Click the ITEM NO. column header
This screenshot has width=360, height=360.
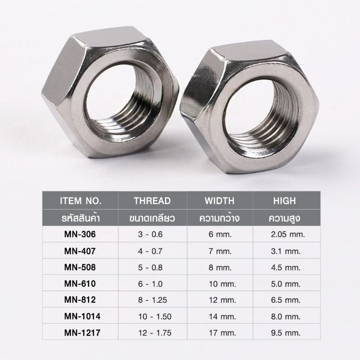[81, 201]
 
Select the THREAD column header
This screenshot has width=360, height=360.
[152, 201]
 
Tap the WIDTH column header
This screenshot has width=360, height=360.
[220, 201]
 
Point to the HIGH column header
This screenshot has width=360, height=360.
[284, 201]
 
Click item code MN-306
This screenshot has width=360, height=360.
[80, 234]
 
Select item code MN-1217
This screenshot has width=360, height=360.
[82, 333]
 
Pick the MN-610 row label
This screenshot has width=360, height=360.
[80, 284]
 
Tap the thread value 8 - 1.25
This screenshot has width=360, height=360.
[152, 300]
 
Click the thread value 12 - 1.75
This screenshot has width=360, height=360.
[155, 333]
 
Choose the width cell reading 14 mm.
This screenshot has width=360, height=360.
[222, 316]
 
